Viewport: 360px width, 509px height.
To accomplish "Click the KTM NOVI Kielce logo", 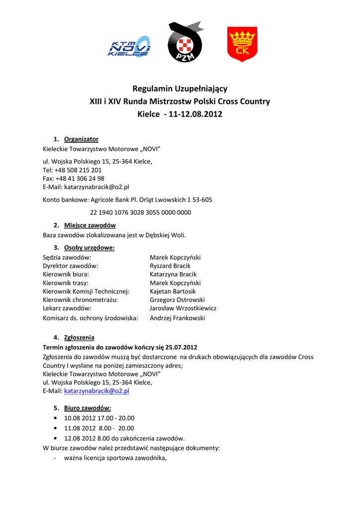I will (129, 46).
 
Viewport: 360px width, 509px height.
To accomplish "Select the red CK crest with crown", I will (242, 44).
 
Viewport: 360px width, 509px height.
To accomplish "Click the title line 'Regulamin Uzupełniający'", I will (180, 89).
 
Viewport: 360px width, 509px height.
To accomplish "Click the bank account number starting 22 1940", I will (140, 212).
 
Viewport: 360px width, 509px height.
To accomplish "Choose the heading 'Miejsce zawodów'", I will (90, 225).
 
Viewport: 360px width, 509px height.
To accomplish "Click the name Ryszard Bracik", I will (170, 266).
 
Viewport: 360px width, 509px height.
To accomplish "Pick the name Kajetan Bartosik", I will (173, 291).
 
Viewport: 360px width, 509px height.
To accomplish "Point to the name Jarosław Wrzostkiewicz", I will (183, 308).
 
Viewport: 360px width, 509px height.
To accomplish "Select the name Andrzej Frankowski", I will (177, 318).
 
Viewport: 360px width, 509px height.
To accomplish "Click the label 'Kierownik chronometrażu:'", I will (81, 300).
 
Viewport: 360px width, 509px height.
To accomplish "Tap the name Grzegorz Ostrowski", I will (177, 300).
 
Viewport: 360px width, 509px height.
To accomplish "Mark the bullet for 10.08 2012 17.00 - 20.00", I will (54, 419).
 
